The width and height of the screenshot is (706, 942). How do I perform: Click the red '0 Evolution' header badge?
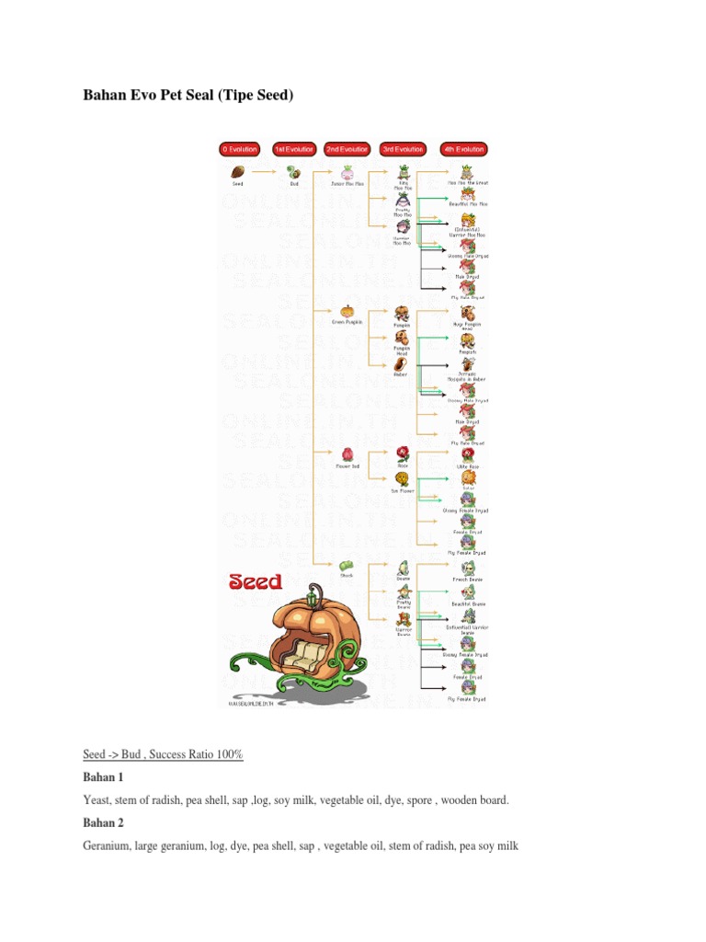coord(239,148)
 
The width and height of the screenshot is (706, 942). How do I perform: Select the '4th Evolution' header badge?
coord(463,148)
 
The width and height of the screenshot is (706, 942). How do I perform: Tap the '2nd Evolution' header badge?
coord(347,148)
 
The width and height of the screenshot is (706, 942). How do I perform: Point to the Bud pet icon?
coord(294,171)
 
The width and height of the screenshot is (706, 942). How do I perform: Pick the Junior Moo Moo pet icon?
coord(347,171)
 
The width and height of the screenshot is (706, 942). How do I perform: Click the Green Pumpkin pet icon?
coord(347,310)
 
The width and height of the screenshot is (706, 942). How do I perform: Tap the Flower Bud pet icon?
coord(347,454)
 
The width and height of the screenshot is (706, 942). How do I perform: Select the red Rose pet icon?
coord(403,453)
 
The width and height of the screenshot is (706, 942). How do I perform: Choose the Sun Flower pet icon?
coord(403,479)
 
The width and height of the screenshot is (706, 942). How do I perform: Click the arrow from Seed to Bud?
coord(265,170)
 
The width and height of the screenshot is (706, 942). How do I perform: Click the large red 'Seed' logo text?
coord(256,581)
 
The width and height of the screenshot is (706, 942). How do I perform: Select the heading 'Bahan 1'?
coord(102,778)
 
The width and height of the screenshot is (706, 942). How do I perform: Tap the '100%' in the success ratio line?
coord(229,754)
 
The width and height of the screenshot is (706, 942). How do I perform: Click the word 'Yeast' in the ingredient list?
coord(97,800)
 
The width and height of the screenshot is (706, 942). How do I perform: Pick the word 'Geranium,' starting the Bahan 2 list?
coord(109,846)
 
